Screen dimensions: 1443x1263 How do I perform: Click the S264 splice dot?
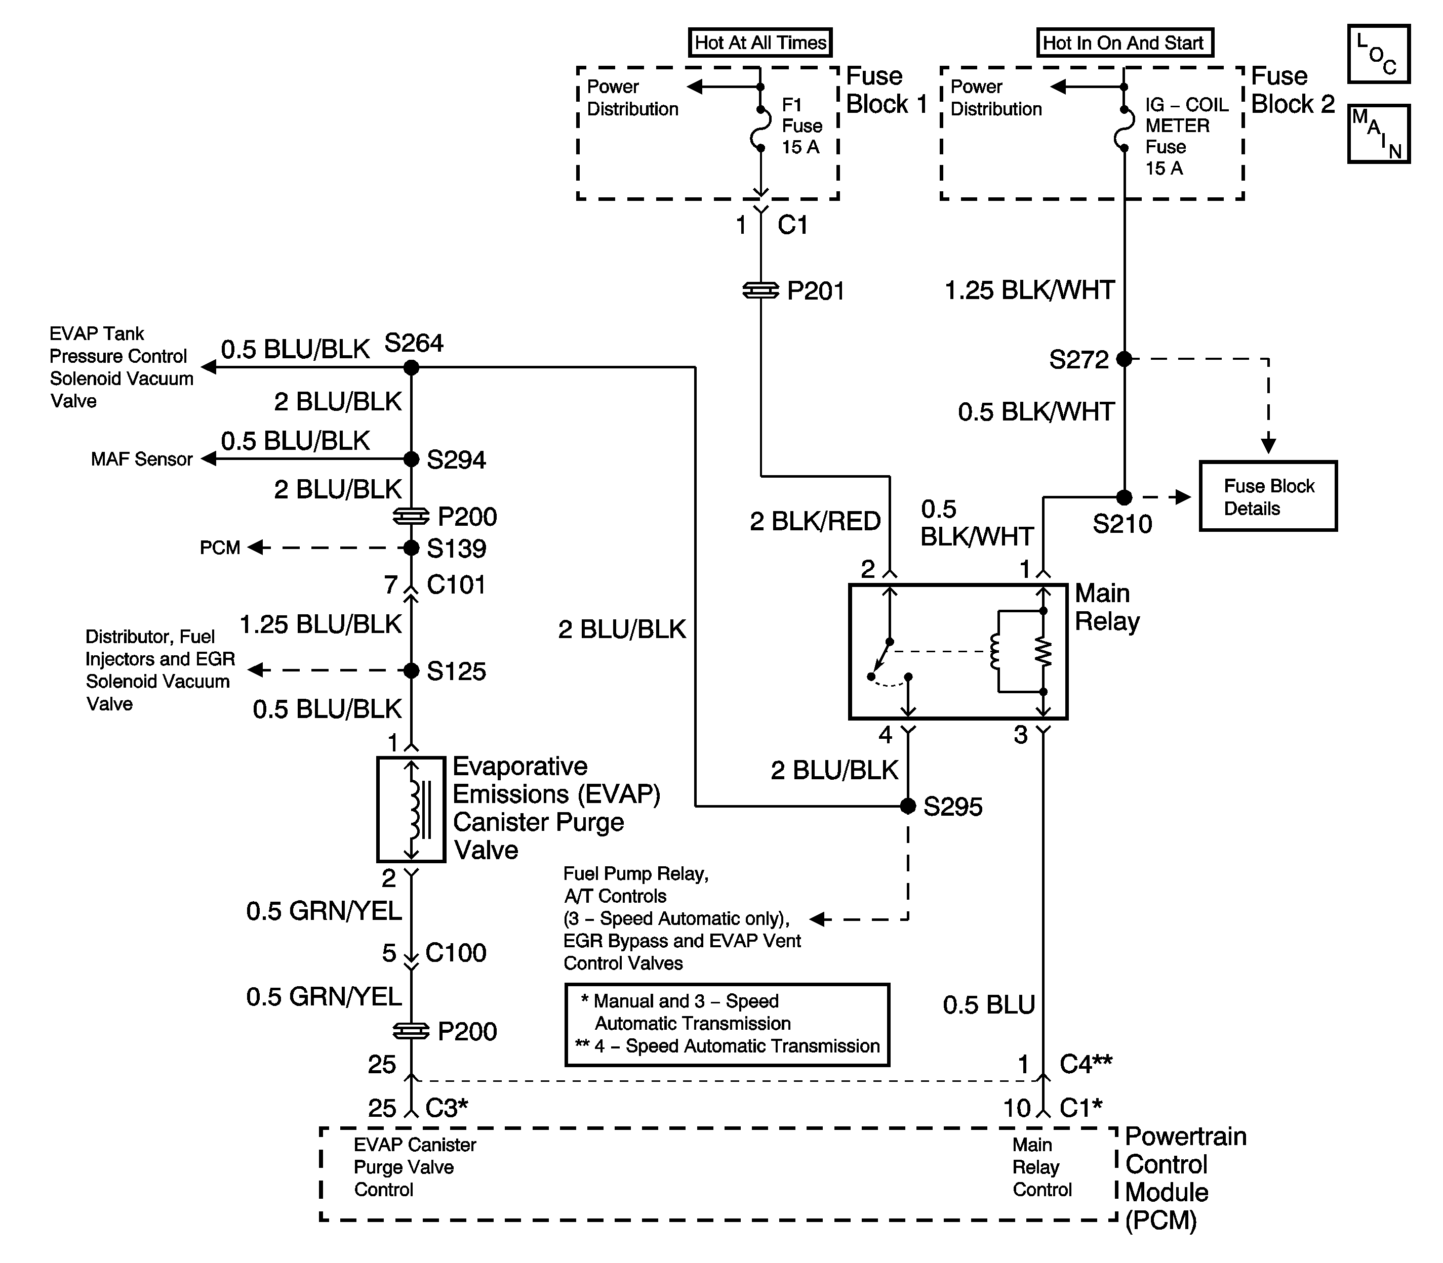(411, 367)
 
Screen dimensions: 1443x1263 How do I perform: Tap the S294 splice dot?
(411, 459)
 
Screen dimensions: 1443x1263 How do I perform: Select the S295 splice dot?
(908, 806)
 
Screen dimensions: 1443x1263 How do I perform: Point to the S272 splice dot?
(1124, 359)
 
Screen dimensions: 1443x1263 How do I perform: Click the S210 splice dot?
(1124, 497)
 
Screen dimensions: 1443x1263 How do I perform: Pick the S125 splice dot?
(411, 670)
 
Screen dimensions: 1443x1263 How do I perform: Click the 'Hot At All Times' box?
(760, 43)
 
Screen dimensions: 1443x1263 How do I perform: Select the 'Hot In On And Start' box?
(1124, 43)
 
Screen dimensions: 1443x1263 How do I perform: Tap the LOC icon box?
(1379, 54)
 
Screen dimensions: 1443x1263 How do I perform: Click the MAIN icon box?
(1379, 134)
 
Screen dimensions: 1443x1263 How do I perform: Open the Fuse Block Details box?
(1268, 496)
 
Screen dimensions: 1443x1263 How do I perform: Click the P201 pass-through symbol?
(761, 290)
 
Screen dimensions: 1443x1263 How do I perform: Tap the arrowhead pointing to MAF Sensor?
(208, 459)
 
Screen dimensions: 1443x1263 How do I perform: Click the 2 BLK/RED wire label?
(815, 522)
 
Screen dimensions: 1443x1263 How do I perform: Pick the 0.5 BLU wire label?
(989, 1004)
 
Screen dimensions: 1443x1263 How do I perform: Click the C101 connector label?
(456, 584)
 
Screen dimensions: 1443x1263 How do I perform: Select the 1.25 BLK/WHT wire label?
(1030, 290)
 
